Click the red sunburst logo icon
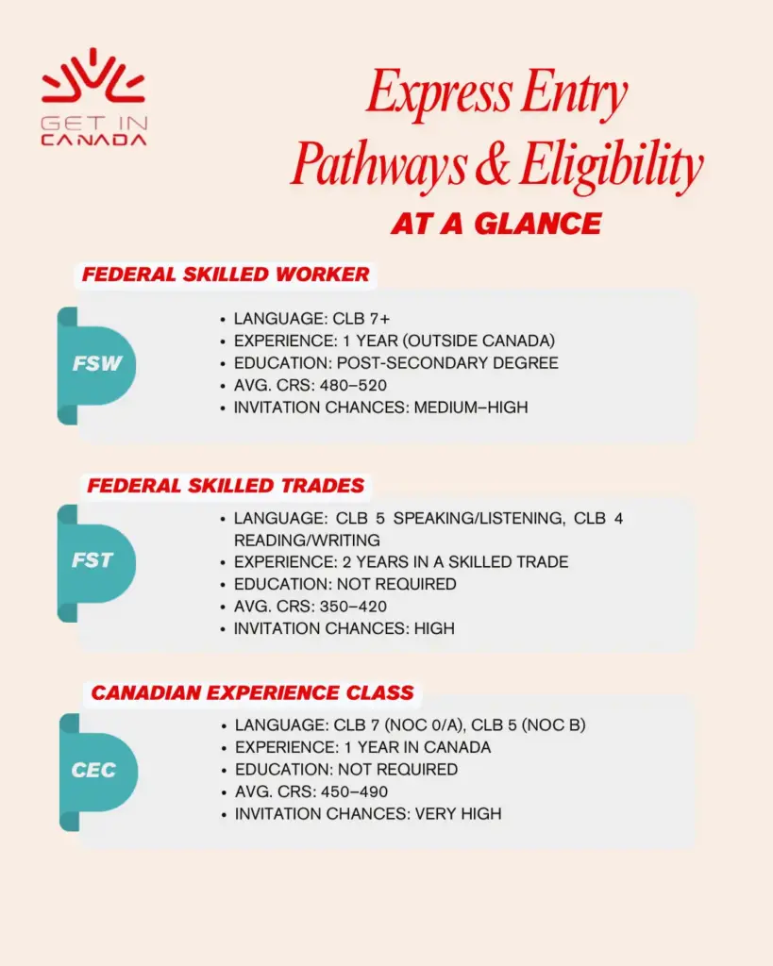(x=93, y=77)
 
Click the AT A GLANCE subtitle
(x=496, y=223)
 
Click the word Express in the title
(x=430, y=94)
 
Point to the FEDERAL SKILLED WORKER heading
(x=226, y=275)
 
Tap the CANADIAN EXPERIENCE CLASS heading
(x=252, y=693)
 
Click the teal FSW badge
(x=97, y=363)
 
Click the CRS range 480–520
(x=354, y=385)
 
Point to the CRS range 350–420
(x=354, y=606)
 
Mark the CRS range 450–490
(x=355, y=791)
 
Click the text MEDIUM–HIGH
(x=471, y=408)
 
